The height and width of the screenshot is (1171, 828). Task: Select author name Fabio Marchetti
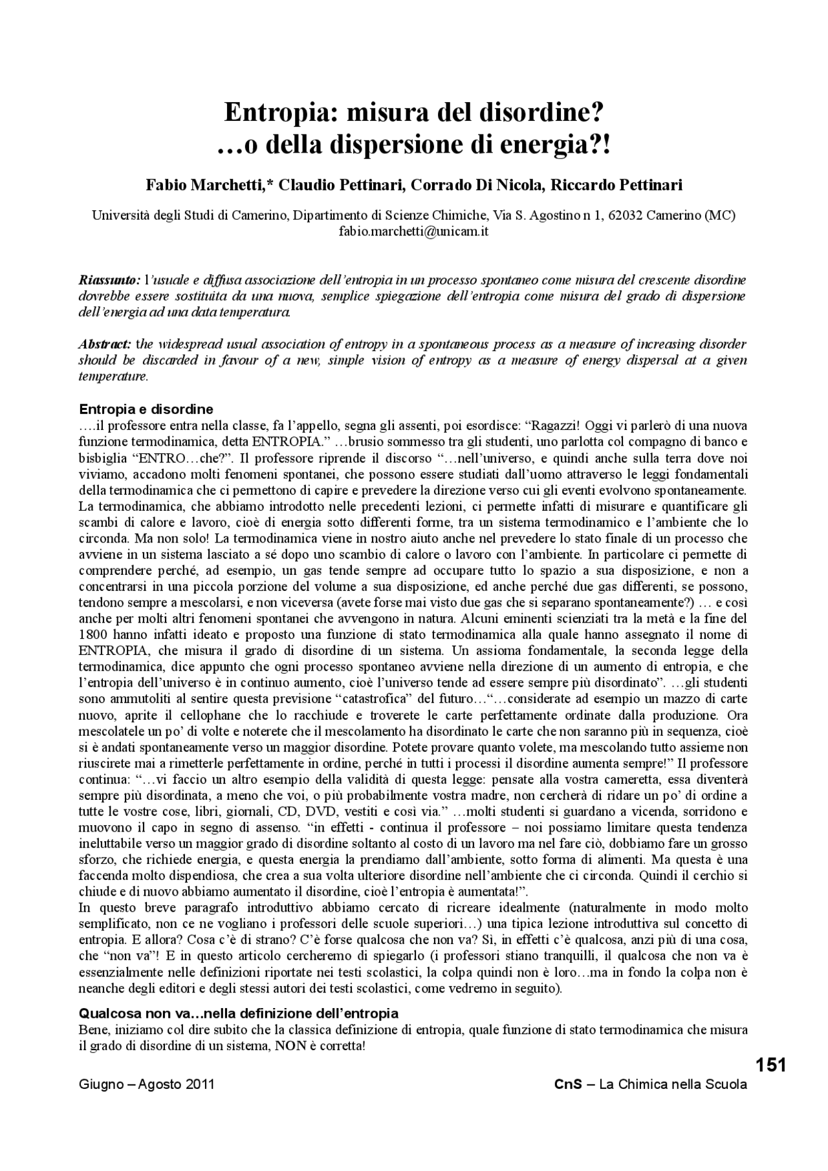[x=205, y=186]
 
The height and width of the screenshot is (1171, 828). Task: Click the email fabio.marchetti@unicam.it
[x=413, y=231]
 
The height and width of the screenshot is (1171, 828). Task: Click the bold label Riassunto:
[x=109, y=281]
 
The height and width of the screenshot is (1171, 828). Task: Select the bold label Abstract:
[x=105, y=343]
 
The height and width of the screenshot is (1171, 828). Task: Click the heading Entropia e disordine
[x=146, y=409]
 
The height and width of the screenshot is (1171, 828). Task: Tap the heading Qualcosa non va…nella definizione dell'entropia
[x=238, y=1013]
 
